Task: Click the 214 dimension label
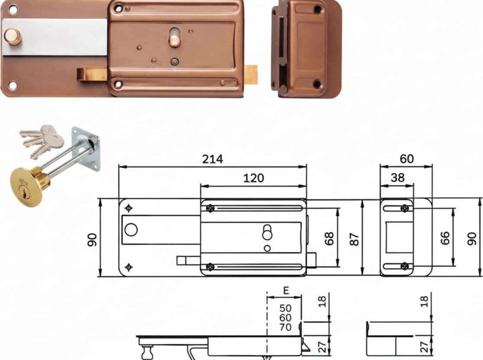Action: click(x=212, y=159)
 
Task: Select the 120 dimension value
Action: click(x=254, y=178)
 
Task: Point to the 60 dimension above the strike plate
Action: click(x=406, y=159)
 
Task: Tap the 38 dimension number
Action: click(x=397, y=178)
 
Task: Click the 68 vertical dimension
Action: click(x=329, y=238)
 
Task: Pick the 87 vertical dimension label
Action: click(x=354, y=239)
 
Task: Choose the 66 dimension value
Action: click(x=445, y=238)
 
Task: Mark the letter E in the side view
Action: click(x=286, y=290)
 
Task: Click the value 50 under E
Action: click(x=285, y=308)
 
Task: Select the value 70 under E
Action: click(x=285, y=327)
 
